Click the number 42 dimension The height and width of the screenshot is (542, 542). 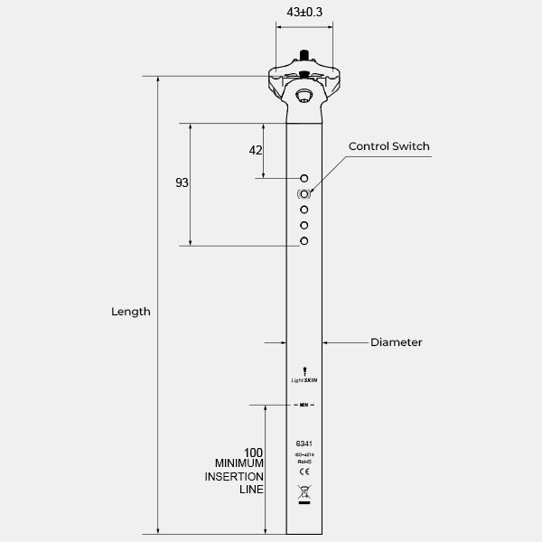point(255,150)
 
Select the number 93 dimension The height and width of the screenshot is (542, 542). point(182,182)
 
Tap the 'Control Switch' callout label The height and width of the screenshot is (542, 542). point(389,146)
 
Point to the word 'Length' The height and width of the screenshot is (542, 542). point(130,312)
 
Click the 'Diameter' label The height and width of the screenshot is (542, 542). point(396,342)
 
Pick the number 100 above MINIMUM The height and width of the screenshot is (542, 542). point(253,452)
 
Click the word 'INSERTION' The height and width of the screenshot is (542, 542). point(238,476)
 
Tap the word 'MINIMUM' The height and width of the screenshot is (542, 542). point(238,463)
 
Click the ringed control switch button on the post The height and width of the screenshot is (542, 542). point(304,193)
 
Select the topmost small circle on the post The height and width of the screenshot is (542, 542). point(304,178)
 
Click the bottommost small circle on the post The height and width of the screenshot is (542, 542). point(304,240)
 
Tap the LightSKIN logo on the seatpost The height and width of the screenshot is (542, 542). point(304,378)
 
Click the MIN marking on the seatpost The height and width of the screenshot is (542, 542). point(304,405)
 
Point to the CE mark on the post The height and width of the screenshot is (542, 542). point(304,472)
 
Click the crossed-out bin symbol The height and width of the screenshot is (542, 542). point(304,493)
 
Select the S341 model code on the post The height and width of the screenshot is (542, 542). point(304,444)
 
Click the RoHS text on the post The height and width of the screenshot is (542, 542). point(304,461)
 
